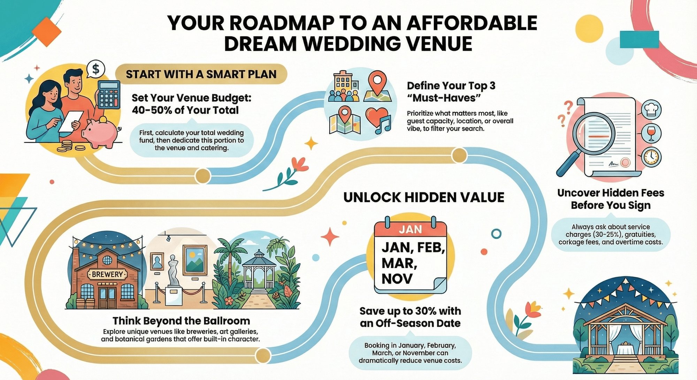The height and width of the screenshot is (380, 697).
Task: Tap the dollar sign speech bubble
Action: [x=96, y=69]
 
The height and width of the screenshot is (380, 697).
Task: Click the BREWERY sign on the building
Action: [x=107, y=274]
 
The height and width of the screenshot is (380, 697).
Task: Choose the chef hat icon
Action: [x=651, y=109]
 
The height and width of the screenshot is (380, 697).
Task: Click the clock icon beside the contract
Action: [x=651, y=157]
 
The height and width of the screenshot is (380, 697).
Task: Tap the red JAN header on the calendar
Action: [x=410, y=229]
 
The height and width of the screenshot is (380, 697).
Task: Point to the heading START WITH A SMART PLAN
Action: [x=201, y=74]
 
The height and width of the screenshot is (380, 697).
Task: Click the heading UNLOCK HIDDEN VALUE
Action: [x=424, y=197]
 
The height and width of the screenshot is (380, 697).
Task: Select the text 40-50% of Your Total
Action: [x=185, y=110]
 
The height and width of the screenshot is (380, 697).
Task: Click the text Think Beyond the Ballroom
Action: [x=181, y=321]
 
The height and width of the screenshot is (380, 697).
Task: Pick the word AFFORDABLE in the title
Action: [x=472, y=23]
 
